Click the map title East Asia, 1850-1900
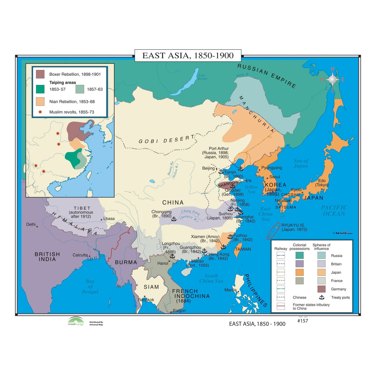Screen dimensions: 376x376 pos(188,55)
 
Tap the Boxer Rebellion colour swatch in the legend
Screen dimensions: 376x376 pos(40,74)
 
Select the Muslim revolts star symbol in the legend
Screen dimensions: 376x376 pos(40,112)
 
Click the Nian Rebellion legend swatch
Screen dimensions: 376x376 pos(40,102)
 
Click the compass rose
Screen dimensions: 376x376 pos(332,80)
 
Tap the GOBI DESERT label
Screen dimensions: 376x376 pos(166,140)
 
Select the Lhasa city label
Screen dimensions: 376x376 pos(109,219)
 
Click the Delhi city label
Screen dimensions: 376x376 pos(31,224)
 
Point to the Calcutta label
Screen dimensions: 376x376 pos(80,255)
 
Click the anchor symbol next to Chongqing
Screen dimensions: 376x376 pos(174,219)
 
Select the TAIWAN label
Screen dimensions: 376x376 pos(243,249)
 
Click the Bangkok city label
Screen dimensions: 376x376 pos(146,300)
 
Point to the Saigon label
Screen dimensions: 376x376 pos(179,311)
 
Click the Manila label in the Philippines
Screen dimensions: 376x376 pos(230,290)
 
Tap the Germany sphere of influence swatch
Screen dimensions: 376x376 pos(321,289)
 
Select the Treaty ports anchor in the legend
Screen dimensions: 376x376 pos(322,297)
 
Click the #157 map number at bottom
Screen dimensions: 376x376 pos(303,321)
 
